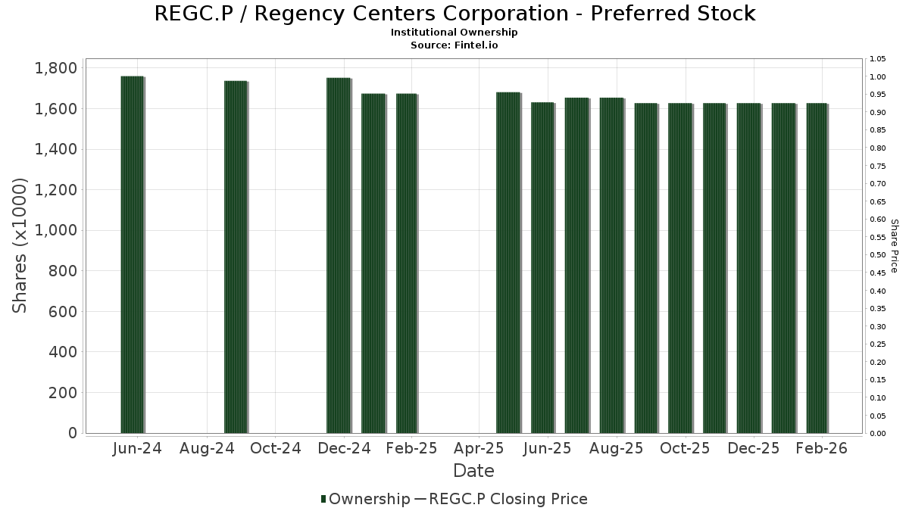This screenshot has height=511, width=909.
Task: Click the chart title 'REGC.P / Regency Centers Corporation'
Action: click(x=454, y=14)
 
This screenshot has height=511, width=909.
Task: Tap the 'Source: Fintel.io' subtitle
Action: click(x=454, y=45)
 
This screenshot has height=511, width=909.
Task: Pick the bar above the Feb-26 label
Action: click(x=817, y=268)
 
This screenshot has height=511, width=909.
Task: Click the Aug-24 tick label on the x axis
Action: click(x=208, y=448)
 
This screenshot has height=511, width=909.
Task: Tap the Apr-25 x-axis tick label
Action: click(x=479, y=448)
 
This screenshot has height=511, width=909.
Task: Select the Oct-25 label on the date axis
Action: click(x=685, y=448)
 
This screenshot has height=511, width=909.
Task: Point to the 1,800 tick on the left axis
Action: click(x=56, y=68)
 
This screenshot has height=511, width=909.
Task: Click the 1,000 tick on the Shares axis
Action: click(x=56, y=230)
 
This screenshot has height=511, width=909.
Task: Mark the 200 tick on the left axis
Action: click(x=64, y=392)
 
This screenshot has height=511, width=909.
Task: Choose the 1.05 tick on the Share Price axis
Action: click(x=878, y=59)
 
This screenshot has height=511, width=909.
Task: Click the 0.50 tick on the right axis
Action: click(x=878, y=255)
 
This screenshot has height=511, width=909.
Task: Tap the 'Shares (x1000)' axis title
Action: click(x=20, y=245)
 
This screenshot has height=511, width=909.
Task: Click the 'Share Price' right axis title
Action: click(x=894, y=245)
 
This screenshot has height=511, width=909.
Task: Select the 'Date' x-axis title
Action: click(x=473, y=471)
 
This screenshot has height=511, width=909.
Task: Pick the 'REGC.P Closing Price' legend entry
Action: click(x=508, y=499)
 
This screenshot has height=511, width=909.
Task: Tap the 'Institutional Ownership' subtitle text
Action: click(x=454, y=33)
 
